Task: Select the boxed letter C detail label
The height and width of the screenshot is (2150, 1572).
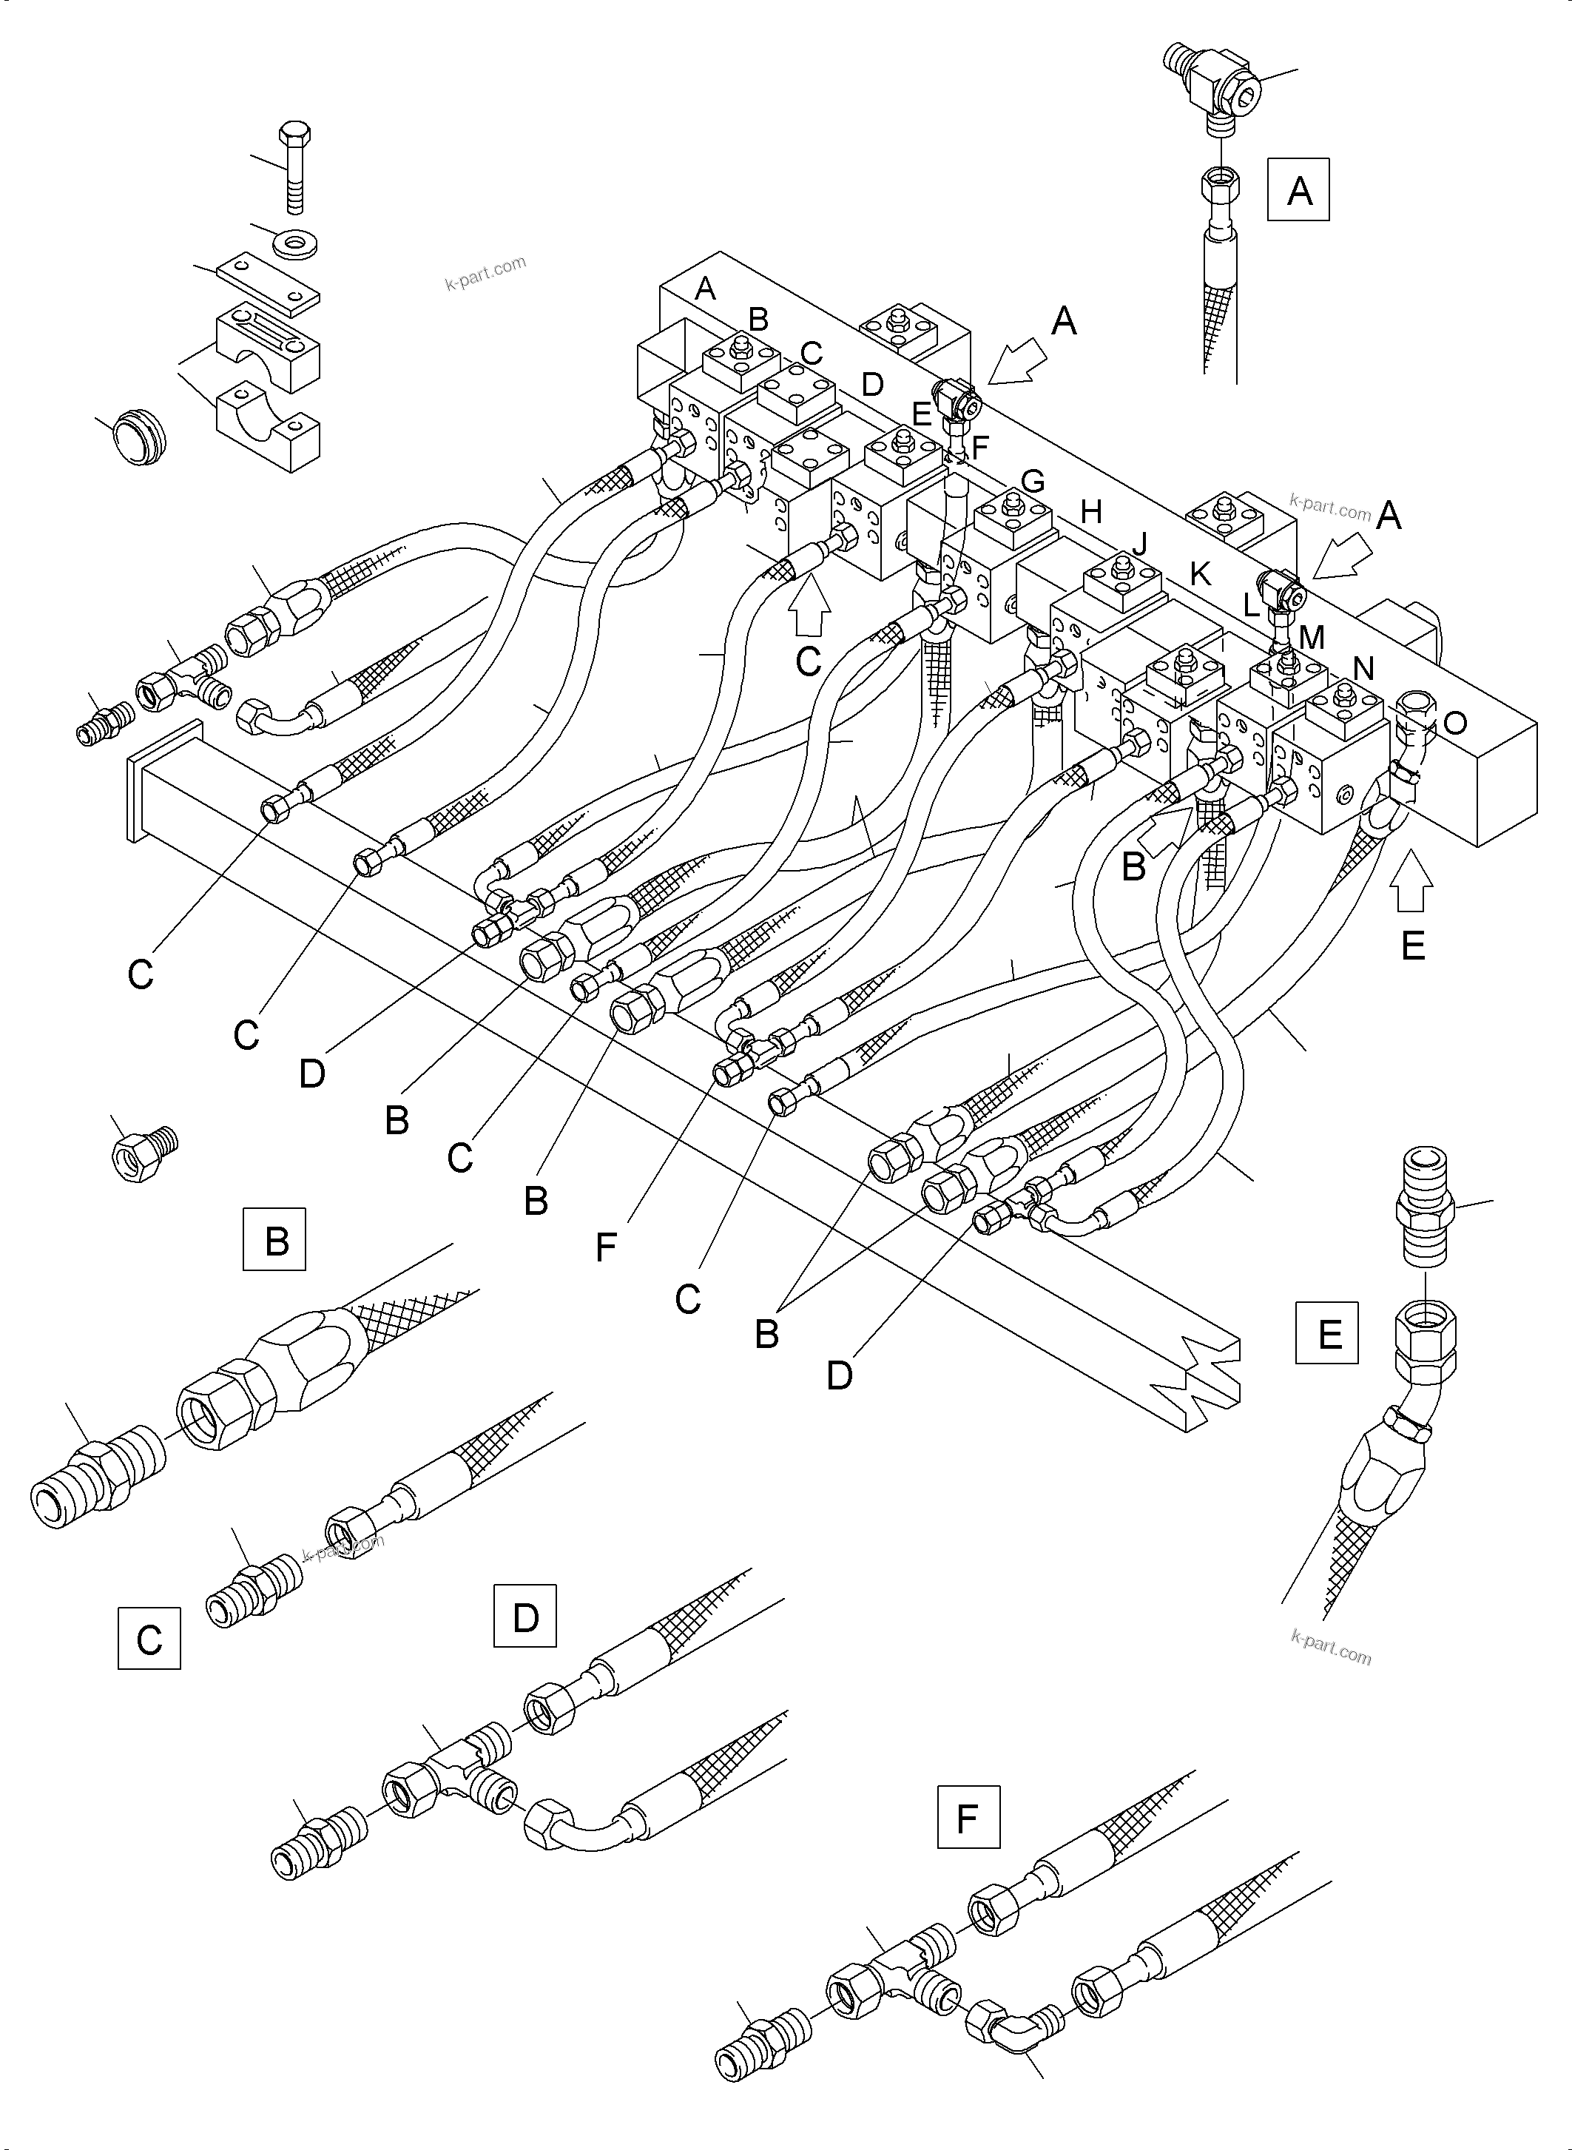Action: click(x=149, y=1638)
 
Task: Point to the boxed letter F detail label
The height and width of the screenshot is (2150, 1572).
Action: click(x=968, y=1818)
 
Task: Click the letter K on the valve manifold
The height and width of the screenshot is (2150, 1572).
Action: click(x=1200, y=574)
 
